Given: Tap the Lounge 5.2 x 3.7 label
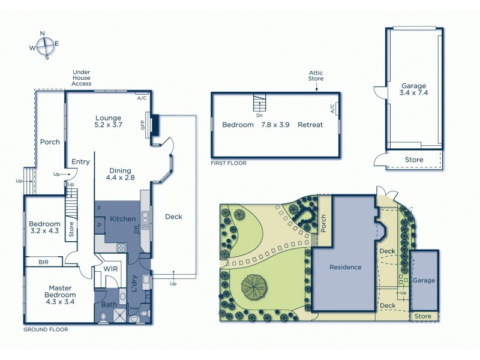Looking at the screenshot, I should tap(108, 122).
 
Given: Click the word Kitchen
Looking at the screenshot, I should tap(123, 219).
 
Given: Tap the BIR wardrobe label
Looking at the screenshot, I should tap(43, 262).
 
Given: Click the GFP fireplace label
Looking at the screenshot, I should tap(143, 125).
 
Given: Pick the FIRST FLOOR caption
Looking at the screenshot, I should tap(228, 163).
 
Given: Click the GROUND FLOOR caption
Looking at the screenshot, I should tap(46, 329).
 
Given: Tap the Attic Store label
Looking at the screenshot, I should tap(316, 76).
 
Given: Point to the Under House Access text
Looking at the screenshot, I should tap(82, 77).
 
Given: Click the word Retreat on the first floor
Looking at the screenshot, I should tap(310, 125).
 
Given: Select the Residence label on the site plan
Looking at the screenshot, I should tap(344, 267).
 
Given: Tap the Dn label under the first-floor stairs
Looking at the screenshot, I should tap(259, 115).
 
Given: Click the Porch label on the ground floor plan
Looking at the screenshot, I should tap(50, 142).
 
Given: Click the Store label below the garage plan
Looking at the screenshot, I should tap(414, 160).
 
